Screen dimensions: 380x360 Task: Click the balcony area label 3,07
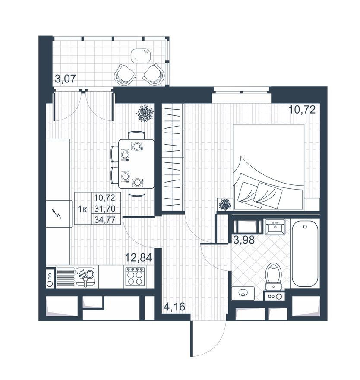tap(65, 79)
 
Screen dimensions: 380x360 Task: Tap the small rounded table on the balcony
tap(141, 56)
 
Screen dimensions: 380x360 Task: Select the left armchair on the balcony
tap(125, 74)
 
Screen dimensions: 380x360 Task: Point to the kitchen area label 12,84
tap(138, 258)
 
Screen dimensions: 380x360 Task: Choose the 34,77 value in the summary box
tap(104, 219)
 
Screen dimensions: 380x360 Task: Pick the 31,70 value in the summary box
tap(104, 209)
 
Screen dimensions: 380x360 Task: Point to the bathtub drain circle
tap(305, 225)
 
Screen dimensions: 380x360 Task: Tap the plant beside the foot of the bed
tap(224, 204)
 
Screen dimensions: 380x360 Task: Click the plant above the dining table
tap(145, 113)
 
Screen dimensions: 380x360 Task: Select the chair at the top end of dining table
tap(137, 134)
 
